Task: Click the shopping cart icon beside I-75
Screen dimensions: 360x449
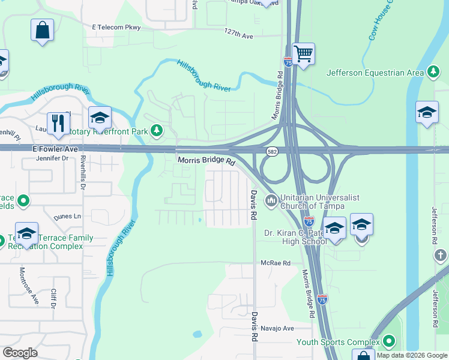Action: tap(304, 54)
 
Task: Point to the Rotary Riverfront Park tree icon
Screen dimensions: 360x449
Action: tap(157, 130)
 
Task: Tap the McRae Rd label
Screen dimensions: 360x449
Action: tap(275, 263)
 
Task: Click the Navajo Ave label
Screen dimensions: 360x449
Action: tap(277, 328)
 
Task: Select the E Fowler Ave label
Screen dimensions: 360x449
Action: tap(55, 149)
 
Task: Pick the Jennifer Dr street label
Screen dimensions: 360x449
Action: tap(53, 159)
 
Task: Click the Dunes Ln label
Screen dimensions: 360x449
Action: tap(67, 217)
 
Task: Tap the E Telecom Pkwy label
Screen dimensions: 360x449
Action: tap(116, 28)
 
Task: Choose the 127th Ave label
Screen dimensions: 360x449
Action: tap(238, 35)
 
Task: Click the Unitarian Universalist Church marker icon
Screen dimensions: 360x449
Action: tap(271, 198)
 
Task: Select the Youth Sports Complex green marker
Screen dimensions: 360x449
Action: tap(389, 343)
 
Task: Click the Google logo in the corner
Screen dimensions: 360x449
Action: tap(20, 353)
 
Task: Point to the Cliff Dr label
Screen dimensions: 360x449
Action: tap(53, 297)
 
